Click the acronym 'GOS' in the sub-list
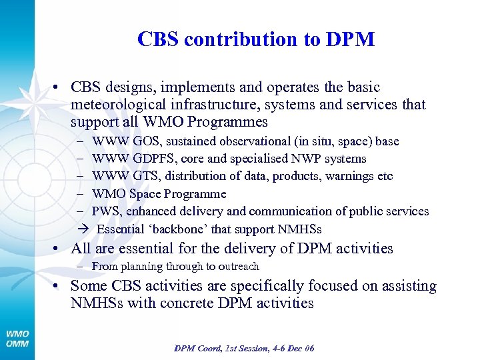tap(146, 141)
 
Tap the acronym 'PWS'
tap(105, 211)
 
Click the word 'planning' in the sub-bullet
tap(140, 267)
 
